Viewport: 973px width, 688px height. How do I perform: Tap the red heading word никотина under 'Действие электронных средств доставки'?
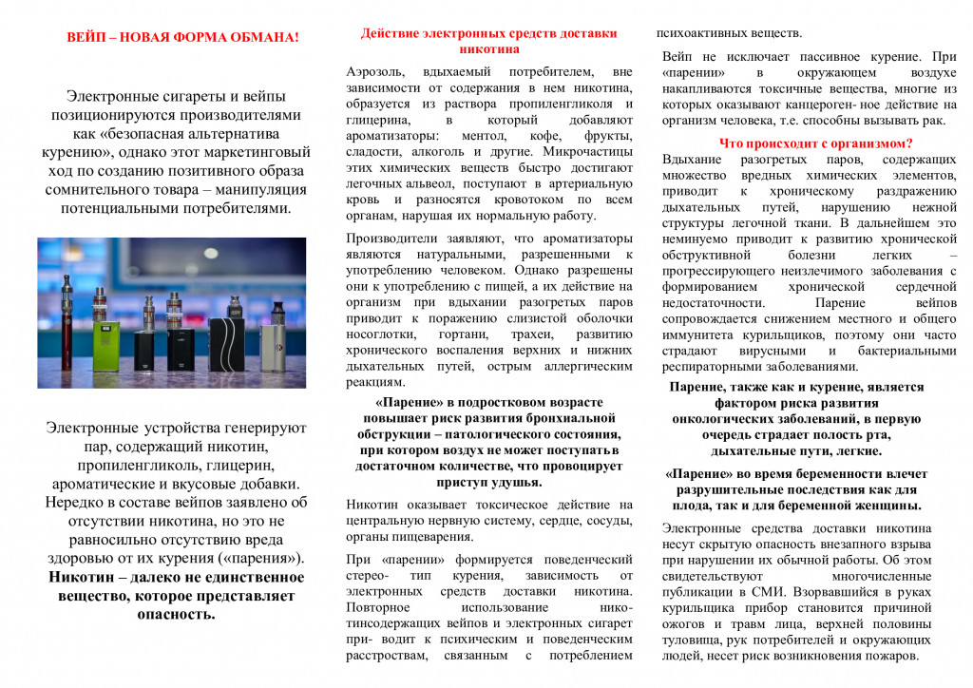[488, 48]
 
